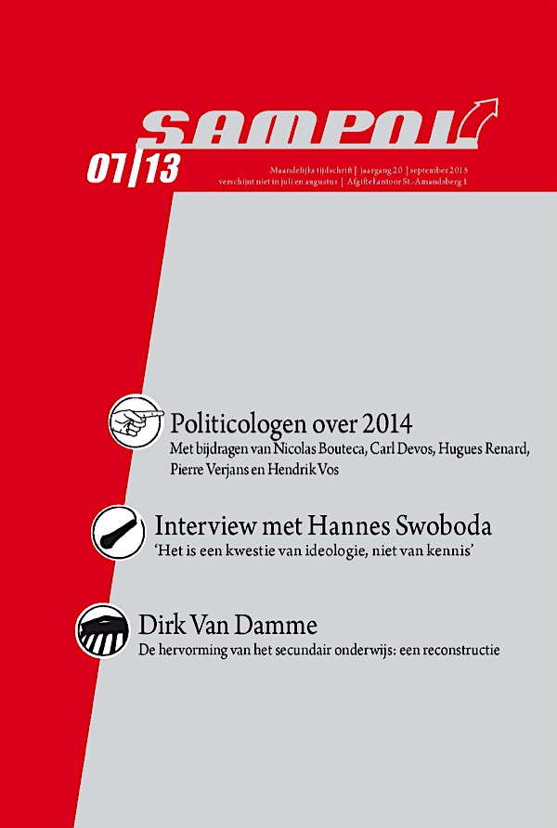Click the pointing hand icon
(135, 421)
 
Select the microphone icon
(118, 531)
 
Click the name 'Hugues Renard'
(483, 451)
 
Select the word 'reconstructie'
(459, 650)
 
